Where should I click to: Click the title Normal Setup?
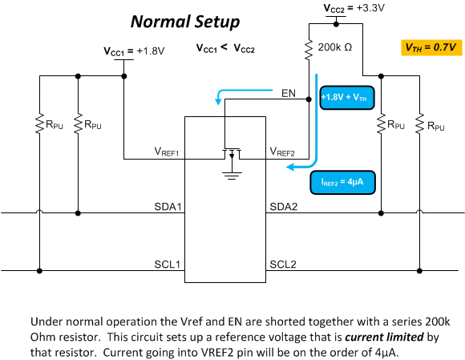click(185, 22)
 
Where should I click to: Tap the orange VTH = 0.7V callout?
click(431, 47)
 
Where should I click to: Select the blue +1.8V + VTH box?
click(346, 98)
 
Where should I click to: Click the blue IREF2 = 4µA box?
click(342, 182)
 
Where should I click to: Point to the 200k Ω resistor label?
click(335, 47)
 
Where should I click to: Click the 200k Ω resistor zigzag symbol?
click(309, 49)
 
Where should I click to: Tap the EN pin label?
click(289, 94)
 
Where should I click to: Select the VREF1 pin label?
click(167, 152)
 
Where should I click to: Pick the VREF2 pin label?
click(282, 152)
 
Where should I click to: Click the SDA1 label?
click(168, 206)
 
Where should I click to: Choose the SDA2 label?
click(284, 206)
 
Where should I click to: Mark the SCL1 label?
click(168, 265)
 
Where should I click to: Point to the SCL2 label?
click(283, 265)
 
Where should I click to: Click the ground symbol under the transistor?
click(232, 176)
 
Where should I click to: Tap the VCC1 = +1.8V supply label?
click(134, 51)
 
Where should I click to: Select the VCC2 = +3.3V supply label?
click(354, 8)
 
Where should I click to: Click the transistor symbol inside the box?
click(232, 153)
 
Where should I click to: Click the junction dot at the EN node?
click(309, 99)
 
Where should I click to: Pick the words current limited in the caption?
click(384, 338)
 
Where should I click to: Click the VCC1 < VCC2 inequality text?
click(225, 48)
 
